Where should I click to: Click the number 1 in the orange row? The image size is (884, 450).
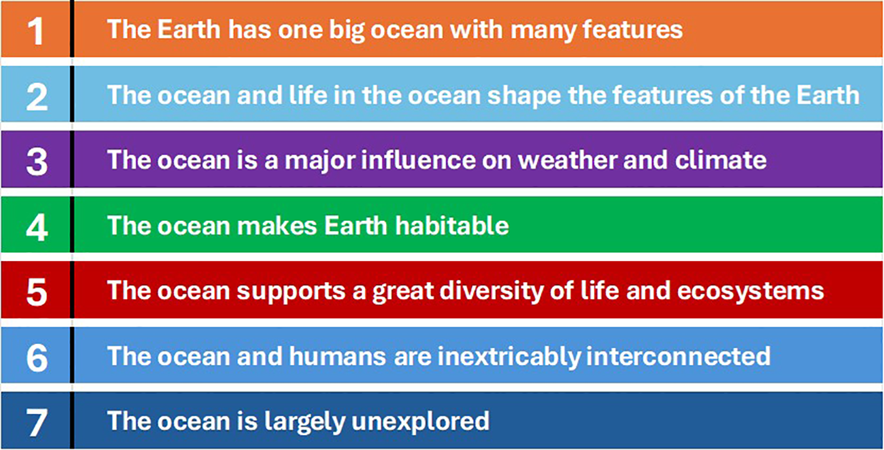(36, 31)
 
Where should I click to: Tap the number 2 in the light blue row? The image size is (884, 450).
(37, 97)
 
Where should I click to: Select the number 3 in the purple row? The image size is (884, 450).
(37, 162)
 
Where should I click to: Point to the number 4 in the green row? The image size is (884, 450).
(37, 227)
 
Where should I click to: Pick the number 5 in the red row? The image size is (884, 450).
(37, 292)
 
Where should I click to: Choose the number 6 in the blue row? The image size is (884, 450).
(37, 358)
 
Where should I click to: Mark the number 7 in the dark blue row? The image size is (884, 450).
(37, 423)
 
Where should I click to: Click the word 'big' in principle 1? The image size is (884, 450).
(347, 31)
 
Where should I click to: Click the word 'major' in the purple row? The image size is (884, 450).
(320, 162)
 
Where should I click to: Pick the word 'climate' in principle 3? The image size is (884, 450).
(721, 160)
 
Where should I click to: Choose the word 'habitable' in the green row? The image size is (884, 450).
(452, 226)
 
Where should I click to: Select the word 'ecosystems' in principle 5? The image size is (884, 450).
(750, 292)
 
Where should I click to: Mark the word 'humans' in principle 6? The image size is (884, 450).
(338, 356)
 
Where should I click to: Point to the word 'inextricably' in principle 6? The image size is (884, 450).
(509, 358)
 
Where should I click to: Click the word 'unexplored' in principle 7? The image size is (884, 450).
(420, 423)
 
